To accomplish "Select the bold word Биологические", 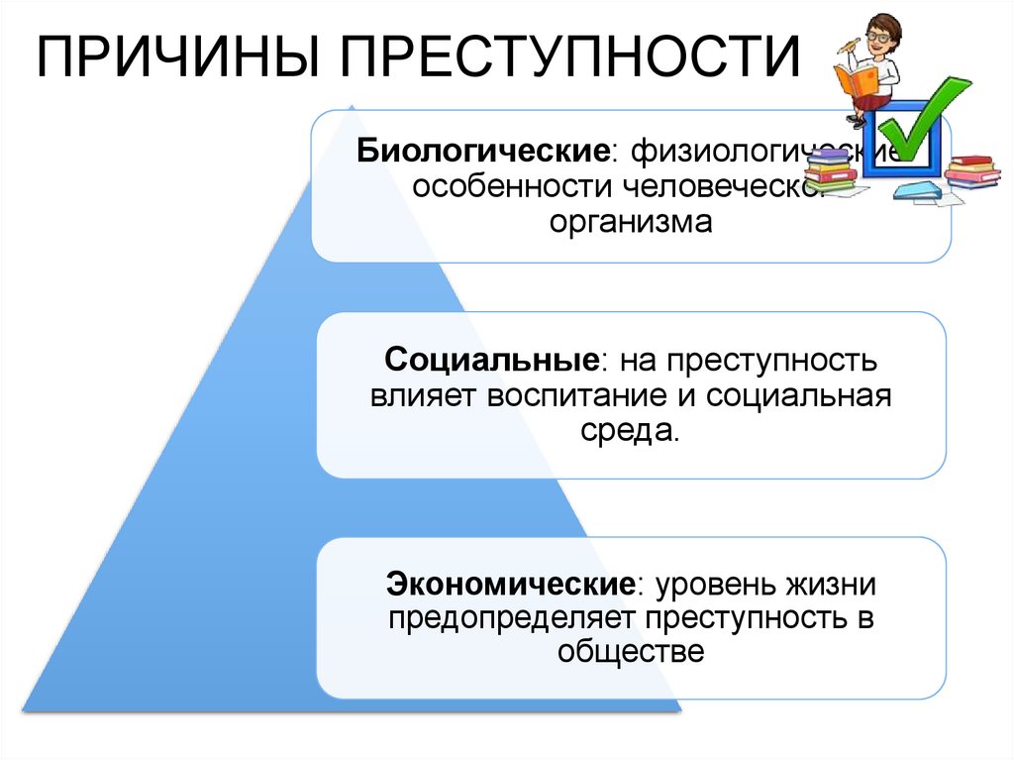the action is pos(483,154).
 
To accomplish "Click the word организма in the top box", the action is pos(631,222).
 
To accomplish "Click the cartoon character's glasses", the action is pos(877,36).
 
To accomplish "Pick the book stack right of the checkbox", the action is pos(971,172).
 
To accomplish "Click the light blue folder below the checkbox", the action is pos(917,190).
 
